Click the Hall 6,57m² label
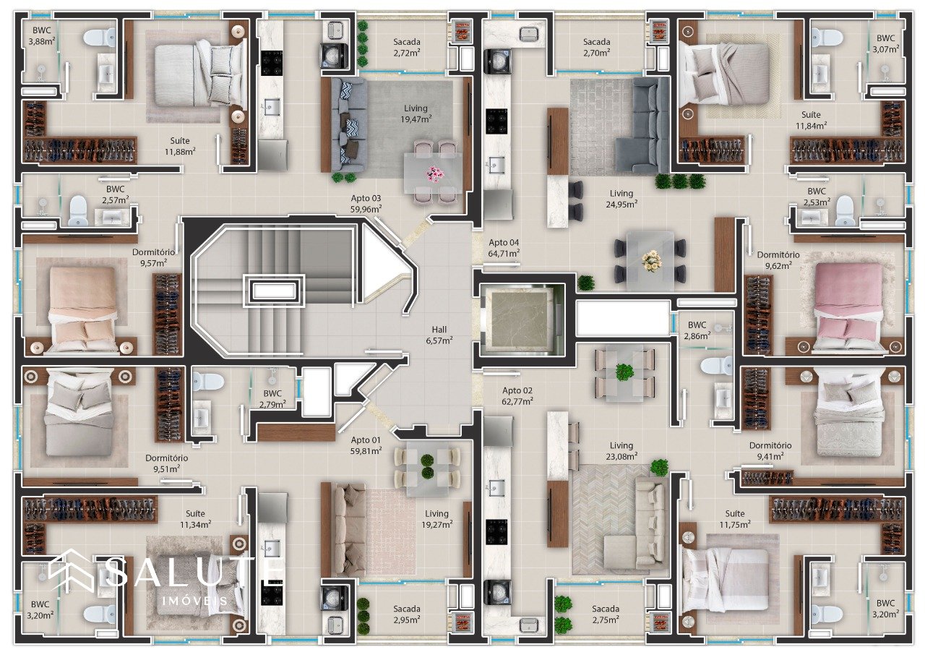pyautogui.click(x=439, y=335)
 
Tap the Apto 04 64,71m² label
pyautogui.click(x=504, y=248)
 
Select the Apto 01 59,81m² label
pyautogui.click(x=366, y=445)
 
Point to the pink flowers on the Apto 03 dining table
pyautogui.click(x=434, y=174)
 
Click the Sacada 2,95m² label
pyautogui.click(x=407, y=614)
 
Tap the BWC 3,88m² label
pyautogui.click(x=42, y=35)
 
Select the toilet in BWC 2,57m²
pyautogui.click(x=77, y=211)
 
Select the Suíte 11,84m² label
pyautogui.click(x=811, y=120)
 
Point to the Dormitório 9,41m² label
pyautogui.click(x=770, y=450)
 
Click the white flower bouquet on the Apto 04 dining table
pyautogui.click(x=651, y=261)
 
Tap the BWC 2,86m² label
pyautogui.click(x=697, y=330)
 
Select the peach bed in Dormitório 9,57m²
pyautogui.click(x=82, y=310)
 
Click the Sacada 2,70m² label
pyautogui.click(x=597, y=47)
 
